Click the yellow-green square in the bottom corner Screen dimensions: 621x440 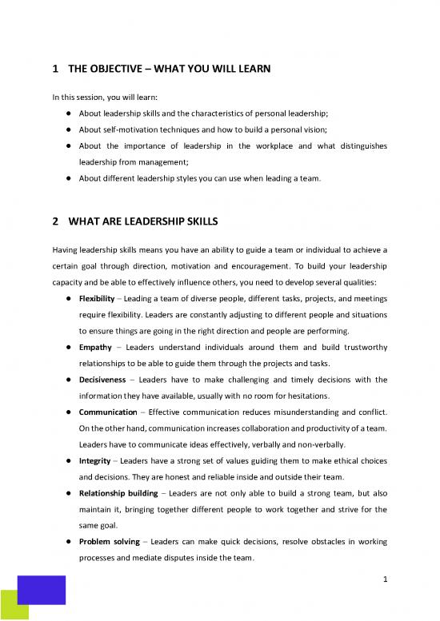click(14, 606)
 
